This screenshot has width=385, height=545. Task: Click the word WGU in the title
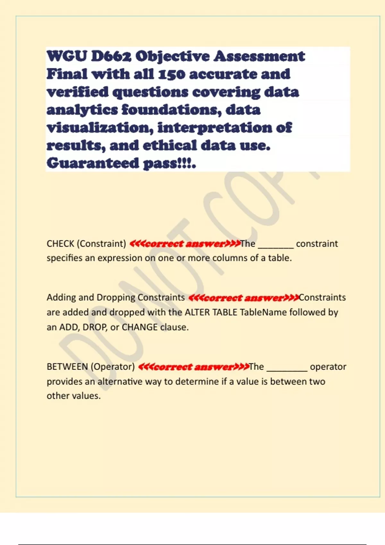(x=66, y=56)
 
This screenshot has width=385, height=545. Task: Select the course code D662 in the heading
(x=111, y=56)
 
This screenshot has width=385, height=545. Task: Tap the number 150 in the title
(x=172, y=74)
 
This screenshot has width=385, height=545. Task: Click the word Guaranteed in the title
(x=92, y=163)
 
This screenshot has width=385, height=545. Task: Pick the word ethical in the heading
(x=170, y=146)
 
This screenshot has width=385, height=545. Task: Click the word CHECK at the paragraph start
(x=60, y=244)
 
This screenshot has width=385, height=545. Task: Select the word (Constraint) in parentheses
(x=101, y=244)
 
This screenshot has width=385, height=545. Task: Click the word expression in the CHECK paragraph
(x=120, y=258)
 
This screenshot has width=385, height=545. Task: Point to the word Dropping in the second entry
(x=116, y=298)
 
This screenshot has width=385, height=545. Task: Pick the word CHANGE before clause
(x=140, y=327)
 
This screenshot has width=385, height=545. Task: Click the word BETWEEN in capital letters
(x=67, y=367)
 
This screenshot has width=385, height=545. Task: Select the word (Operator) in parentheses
(x=113, y=367)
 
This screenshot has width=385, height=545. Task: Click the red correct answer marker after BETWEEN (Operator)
(x=193, y=367)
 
